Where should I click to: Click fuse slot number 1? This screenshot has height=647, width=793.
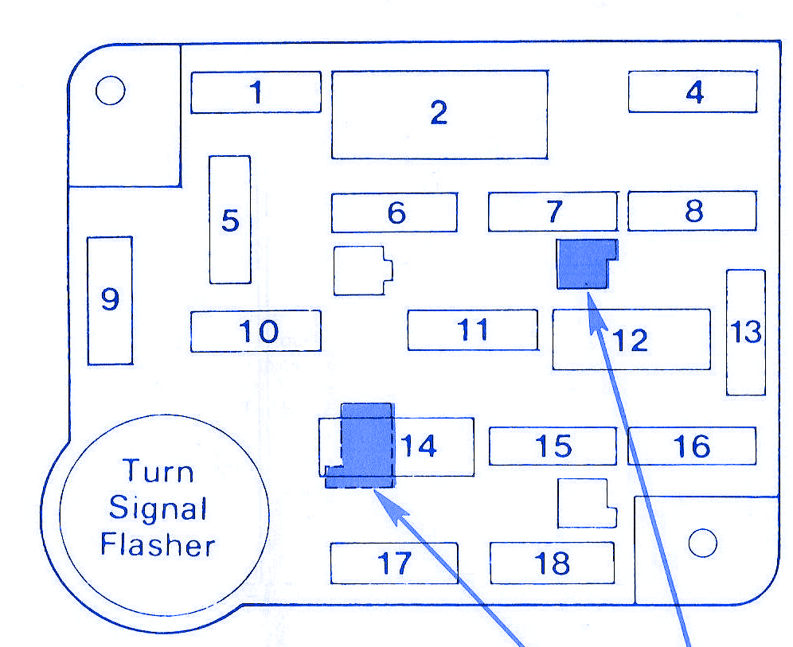click(256, 92)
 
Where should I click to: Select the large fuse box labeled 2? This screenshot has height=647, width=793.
click(439, 115)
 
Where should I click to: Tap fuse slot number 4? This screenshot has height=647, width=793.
click(693, 92)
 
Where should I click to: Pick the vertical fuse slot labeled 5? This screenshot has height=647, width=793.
click(230, 220)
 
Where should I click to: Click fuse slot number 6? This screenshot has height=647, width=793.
click(394, 212)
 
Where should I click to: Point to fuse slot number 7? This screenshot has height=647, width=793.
click(553, 211)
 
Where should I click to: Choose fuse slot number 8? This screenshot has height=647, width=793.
click(693, 211)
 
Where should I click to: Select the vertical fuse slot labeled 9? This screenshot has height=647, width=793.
click(110, 300)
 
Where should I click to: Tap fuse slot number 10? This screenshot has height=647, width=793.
click(256, 331)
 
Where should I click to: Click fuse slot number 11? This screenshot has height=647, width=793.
click(473, 330)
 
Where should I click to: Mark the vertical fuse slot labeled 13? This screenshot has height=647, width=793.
click(746, 332)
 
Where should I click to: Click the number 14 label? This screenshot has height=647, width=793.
click(419, 446)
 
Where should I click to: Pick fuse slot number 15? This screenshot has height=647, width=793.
click(553, 446)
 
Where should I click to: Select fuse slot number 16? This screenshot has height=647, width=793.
click(692, 446)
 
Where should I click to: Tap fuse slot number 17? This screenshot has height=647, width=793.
click(394, 563)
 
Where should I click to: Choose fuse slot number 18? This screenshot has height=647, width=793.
click(553, 563)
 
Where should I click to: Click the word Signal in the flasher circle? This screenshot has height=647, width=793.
click(158, 509)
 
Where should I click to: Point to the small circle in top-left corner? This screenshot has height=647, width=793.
click(110, 91)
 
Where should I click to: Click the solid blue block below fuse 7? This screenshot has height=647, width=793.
click(587, 264)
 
